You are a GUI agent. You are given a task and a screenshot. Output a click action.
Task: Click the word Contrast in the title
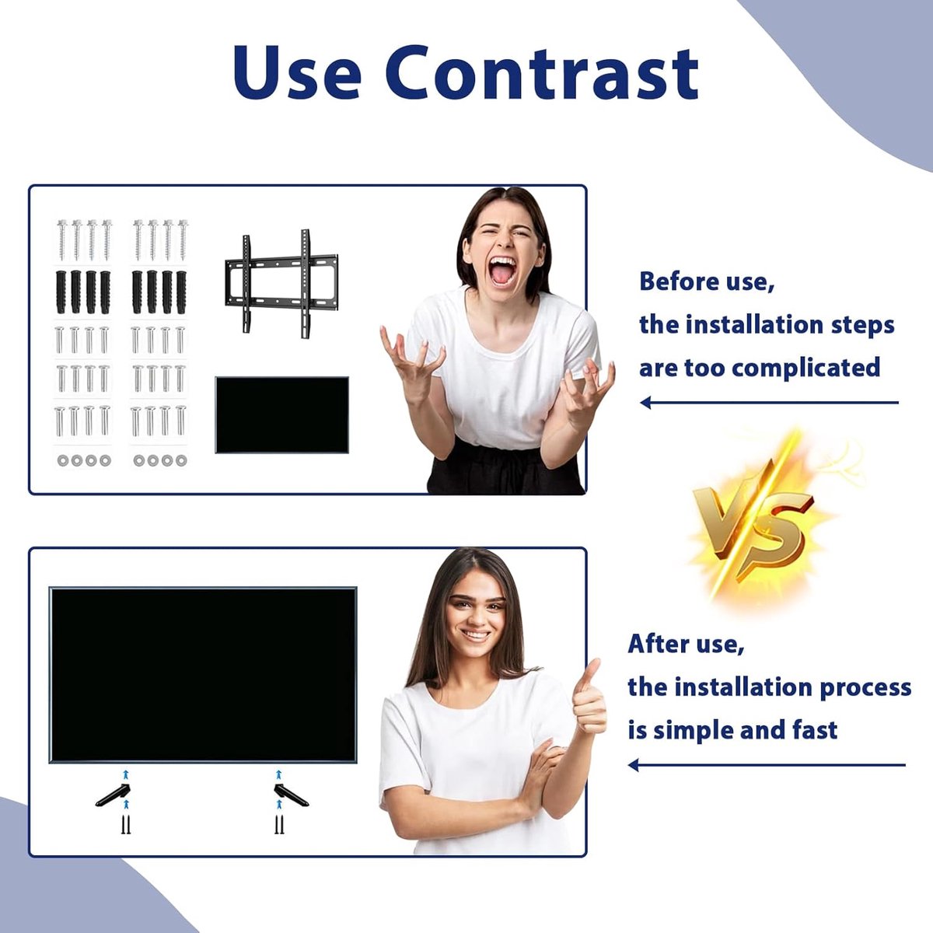pos(542,73)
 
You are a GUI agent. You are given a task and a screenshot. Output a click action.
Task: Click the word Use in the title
pos(297,73)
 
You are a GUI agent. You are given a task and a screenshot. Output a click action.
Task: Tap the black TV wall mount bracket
pos(281,284)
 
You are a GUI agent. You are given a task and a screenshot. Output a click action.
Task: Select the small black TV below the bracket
pos(281,415)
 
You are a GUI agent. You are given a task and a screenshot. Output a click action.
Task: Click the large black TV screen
pos(203,675)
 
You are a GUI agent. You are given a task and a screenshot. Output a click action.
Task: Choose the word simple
pos(694,731)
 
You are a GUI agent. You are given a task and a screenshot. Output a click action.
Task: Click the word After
pos(659,644)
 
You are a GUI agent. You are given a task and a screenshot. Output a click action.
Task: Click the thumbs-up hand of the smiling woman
pos(589,697)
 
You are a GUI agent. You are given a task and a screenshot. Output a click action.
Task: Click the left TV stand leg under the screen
pos(114,795)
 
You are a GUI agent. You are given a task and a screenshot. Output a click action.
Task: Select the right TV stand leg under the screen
pos(291,795)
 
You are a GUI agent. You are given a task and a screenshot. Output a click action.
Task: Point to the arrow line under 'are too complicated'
pos(770,402)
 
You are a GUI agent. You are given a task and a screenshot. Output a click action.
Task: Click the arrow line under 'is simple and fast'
pos(767,765)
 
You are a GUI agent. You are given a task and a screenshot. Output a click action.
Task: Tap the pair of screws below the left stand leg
pos(127,825)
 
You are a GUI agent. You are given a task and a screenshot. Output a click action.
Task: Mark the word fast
pos(815,730)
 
